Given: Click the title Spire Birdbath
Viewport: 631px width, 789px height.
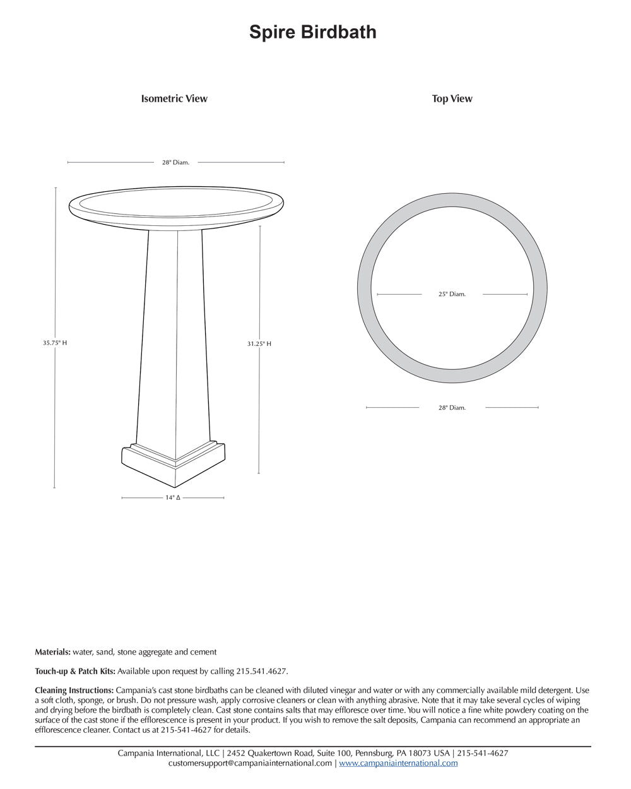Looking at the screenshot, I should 312,32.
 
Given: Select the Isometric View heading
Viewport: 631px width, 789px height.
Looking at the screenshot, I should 174,98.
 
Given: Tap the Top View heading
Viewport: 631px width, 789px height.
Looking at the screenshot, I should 452,98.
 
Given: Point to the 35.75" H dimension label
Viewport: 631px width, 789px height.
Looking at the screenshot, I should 55,343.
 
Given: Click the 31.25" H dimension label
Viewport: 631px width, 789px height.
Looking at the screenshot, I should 259,344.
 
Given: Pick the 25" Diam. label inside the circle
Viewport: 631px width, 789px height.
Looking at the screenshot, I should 452,294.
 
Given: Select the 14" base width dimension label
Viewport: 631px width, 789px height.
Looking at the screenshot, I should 173,498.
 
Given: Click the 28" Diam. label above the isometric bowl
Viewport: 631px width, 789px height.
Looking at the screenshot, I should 175,163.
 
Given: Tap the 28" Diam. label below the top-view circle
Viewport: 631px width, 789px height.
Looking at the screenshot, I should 452,408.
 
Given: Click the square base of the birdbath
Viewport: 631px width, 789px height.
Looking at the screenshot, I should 174,464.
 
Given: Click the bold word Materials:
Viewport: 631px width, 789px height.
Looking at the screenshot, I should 52,652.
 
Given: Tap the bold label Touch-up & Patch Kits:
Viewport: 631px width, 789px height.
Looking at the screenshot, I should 75,672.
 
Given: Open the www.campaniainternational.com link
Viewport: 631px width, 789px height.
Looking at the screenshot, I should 398,763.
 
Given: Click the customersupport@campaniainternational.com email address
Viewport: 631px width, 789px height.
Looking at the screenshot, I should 250,763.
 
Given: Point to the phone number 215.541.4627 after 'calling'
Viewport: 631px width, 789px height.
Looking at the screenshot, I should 261,672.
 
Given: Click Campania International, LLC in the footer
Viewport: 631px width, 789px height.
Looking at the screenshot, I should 168,753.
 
